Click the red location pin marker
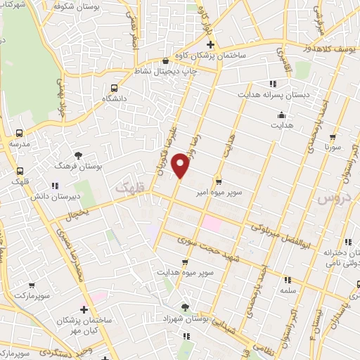click(x=181, y=166)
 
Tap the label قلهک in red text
click(x=128, y=188)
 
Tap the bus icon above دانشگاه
click(x=114, y=88)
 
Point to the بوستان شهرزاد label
click(x=184, y=319)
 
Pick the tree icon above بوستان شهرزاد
click(x=185, y=307)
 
